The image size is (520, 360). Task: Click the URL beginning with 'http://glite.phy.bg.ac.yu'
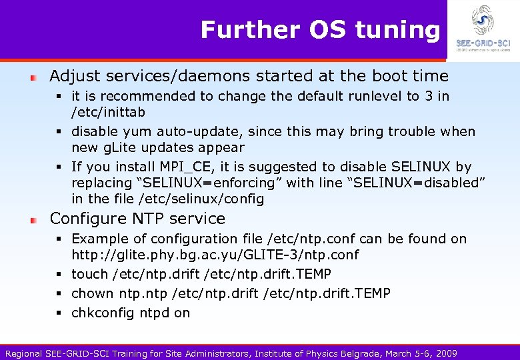point(215,255)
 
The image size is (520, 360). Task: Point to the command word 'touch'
point(89,274)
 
